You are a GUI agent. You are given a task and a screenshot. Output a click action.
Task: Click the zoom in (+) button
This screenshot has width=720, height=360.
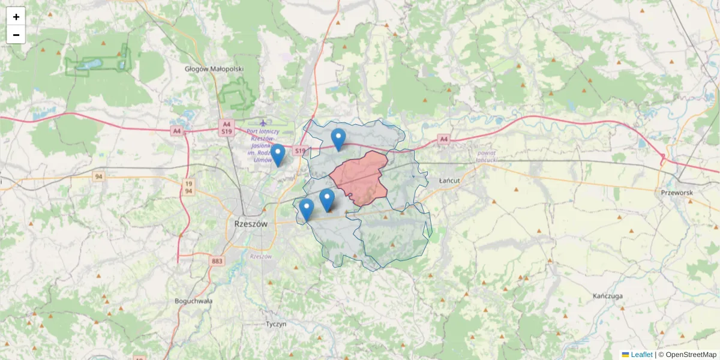16,17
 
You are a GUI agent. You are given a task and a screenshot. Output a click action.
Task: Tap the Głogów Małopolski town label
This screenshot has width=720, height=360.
214,69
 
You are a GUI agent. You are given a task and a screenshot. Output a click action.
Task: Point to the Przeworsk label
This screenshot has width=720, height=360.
677,193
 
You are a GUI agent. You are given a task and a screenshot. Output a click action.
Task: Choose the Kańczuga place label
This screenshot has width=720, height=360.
608,296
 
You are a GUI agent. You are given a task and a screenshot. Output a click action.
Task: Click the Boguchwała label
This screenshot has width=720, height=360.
193,301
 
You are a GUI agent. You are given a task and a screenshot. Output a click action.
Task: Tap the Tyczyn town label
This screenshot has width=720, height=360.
276,323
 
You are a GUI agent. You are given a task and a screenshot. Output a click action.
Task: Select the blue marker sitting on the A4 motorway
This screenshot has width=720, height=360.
338,139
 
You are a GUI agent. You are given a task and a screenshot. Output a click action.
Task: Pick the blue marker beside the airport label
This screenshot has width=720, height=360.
277,155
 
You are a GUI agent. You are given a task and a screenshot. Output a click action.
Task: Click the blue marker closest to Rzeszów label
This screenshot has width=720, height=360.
307,210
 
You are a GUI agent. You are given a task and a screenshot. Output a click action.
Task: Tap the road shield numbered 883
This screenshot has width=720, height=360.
217,261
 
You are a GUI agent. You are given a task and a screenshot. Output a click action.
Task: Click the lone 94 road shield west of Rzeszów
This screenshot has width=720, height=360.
98,176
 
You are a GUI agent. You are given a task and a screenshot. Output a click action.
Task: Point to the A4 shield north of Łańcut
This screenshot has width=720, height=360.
443,139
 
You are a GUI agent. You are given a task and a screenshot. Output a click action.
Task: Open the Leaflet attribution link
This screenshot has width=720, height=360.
641,355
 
